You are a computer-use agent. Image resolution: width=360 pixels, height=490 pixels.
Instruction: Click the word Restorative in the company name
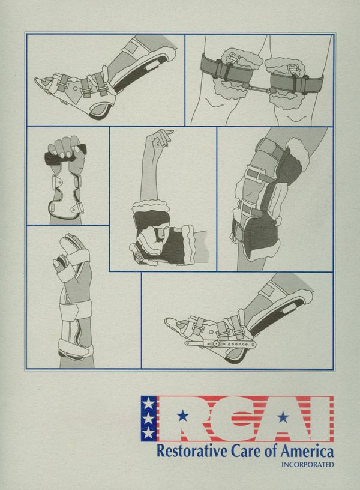click(x=193, y=450)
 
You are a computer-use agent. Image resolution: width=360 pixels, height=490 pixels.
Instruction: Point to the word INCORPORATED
click(x=308, y=464)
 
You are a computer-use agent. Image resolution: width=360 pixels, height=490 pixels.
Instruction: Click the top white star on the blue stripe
click(x=148, y=404)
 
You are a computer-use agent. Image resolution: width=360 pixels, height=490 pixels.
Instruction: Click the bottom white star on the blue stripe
click(x=148, y=433)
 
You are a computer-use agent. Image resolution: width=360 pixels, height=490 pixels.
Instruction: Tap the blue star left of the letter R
click(x=182, y=416)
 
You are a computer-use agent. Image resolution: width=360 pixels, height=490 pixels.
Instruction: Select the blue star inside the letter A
click(x=283, y=417)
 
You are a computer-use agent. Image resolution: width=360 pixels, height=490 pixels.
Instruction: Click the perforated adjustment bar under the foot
click(x=220, y=344)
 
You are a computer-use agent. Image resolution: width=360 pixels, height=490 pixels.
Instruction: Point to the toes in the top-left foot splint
click(x=44, y=82)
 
